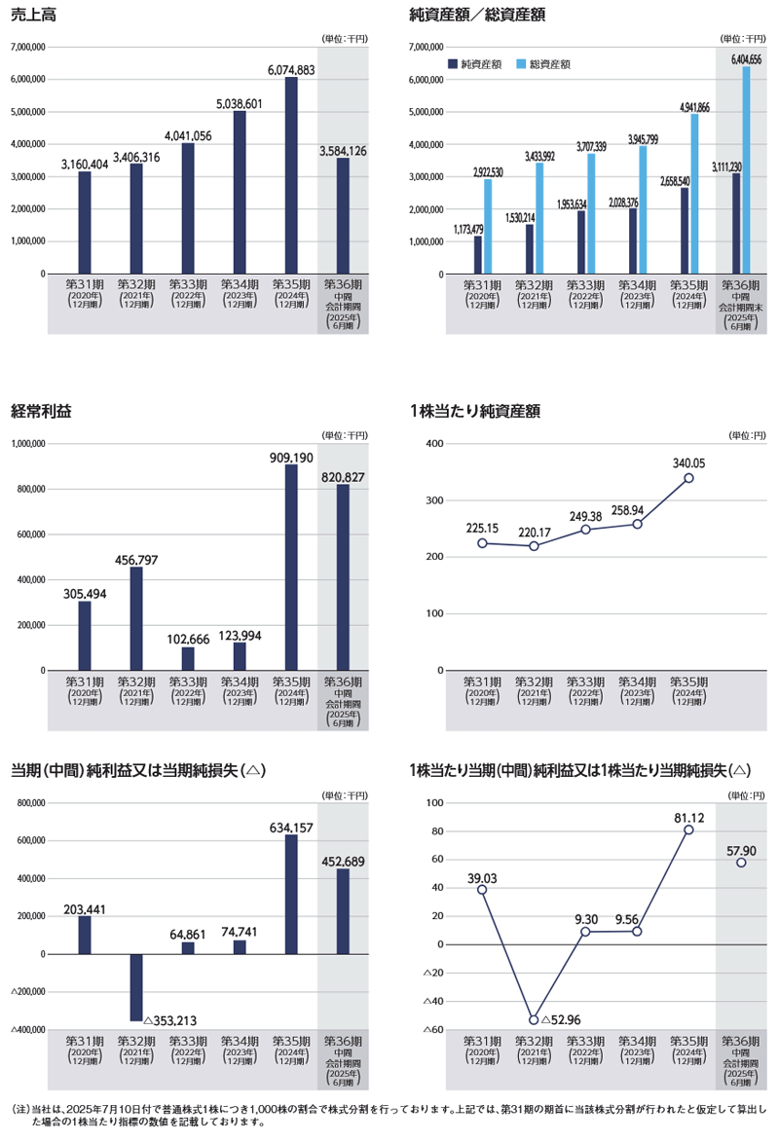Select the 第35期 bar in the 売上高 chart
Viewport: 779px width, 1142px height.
click(291, 175)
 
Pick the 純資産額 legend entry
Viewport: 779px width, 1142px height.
click(475, 63)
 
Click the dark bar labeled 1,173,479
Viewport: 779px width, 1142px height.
click(478, 255)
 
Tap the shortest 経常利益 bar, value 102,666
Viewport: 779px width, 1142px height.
click(188, 658)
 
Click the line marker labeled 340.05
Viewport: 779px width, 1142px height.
click(688, 478)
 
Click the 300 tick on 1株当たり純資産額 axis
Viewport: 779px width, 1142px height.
click(434, 500)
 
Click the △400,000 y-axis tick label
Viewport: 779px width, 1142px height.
click(28, 1029)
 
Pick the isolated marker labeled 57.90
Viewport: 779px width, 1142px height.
click(741, 863)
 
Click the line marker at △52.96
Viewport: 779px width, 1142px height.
click(534, 1019)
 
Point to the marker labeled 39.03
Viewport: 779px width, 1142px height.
click(482, 890)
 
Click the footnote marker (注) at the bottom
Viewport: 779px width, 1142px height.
click(19, 1109)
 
